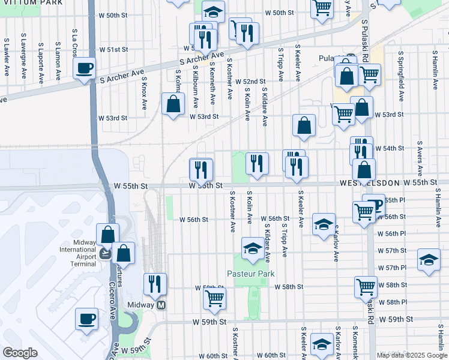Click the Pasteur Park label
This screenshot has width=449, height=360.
coord(251,274)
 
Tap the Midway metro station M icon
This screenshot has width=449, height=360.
coord(161,305)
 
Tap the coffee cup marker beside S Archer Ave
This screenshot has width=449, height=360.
coord(85,67)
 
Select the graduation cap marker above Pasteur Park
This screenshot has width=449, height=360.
coord(253,247)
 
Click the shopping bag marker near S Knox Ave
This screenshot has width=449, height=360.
coord(173,103)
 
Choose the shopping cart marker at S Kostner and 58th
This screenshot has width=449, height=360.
coord(214,298)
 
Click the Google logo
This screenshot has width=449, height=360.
coord(20,353)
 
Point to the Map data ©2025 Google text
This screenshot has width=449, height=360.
coord(411,355)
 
